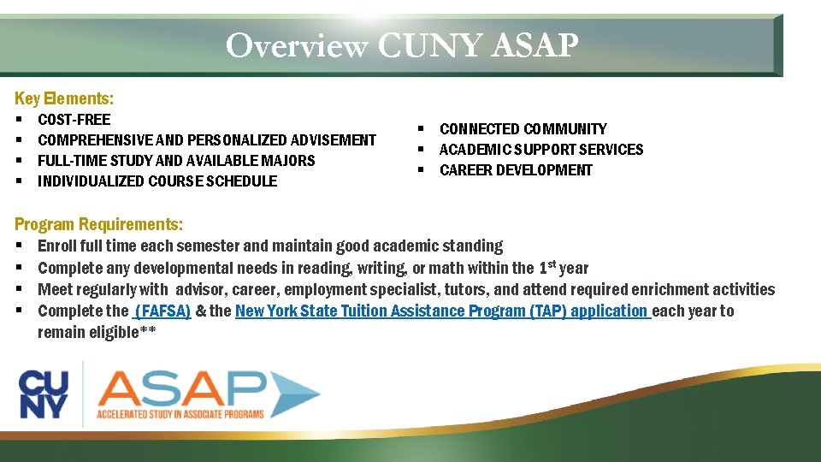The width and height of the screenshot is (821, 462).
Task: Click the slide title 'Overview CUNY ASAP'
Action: point(402,44)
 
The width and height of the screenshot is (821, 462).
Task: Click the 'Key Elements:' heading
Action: point(64,98)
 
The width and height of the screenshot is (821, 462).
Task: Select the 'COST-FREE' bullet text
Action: point(74,120)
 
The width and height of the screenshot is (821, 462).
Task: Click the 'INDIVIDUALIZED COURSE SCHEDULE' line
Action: point(157,181)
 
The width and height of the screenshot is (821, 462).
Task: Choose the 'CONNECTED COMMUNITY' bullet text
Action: point(523,129)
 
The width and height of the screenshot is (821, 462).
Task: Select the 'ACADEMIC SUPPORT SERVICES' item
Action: point(540,150)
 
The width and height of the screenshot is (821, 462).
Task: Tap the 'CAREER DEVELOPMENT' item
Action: point(516,170)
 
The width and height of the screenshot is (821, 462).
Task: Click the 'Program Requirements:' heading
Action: point(98,225)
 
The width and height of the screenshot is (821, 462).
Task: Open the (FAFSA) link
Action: point(162,311)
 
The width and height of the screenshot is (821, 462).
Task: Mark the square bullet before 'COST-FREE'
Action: point(19,120)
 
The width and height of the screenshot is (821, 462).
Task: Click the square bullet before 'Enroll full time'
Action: point(19,246)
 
